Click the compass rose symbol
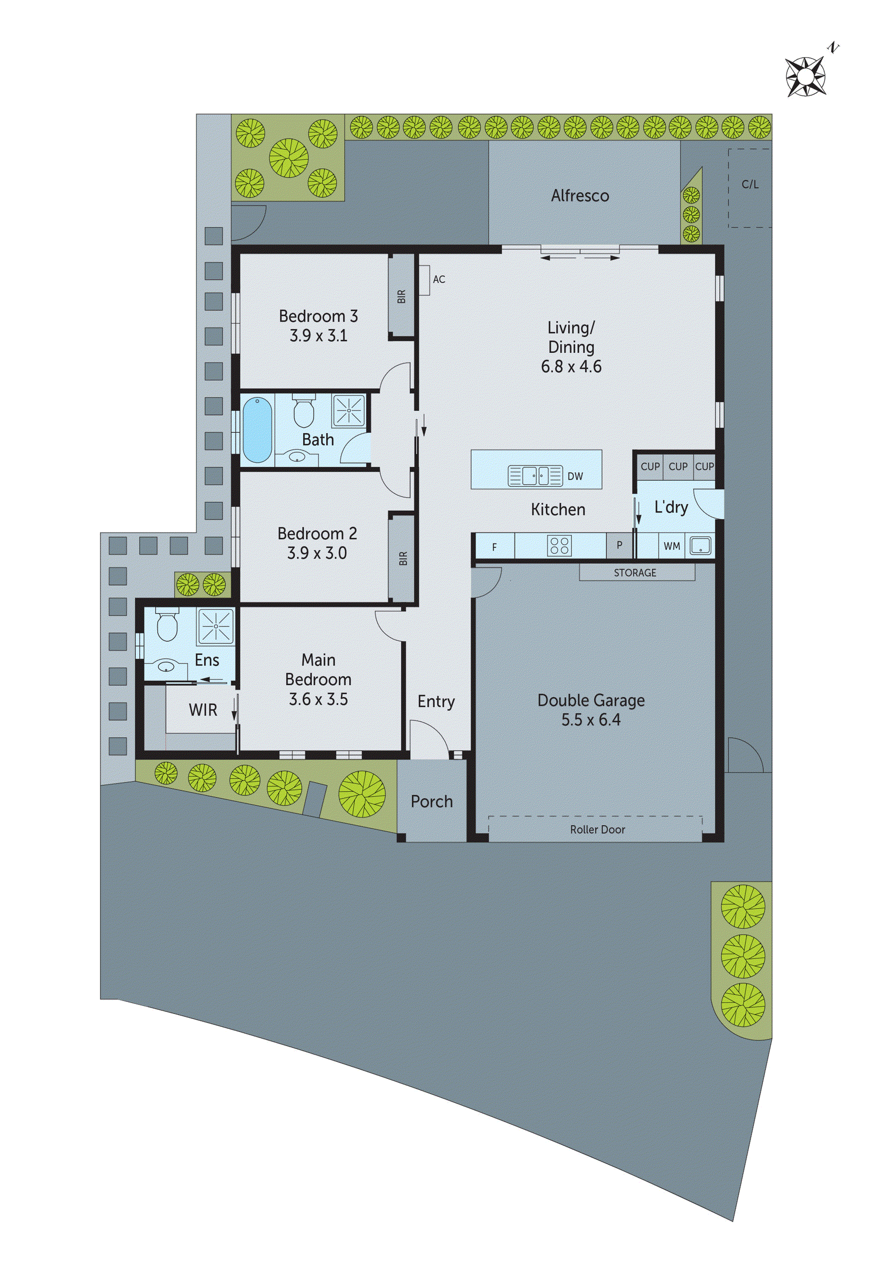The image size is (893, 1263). click(x=806, y=76)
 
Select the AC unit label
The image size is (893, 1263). click(x=439, y=279)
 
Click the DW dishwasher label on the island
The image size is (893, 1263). click(x=575, y=476)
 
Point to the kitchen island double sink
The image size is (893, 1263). click(x=535, y=475)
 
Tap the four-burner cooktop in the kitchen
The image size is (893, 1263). click(x=560, y=545)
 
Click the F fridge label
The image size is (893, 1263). click(x=494, y=547)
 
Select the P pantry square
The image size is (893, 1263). click(x=619, y=545)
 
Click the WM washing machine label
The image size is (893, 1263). click(x=671, y=546)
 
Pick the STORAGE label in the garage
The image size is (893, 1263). click(x=635, y=572)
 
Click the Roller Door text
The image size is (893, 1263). click(x=597, y=829)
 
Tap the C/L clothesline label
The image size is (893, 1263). click(x=750, y=185)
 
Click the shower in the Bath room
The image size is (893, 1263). click(x=349, y=410)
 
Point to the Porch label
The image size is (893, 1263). click(x=432, y=802)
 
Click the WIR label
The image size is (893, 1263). click(x=202, y=710)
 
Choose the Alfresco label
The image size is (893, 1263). click(x=580, y=196)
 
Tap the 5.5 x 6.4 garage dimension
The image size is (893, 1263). click(x=590, y=720)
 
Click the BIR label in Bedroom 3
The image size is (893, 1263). click(x=402, y=297)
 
